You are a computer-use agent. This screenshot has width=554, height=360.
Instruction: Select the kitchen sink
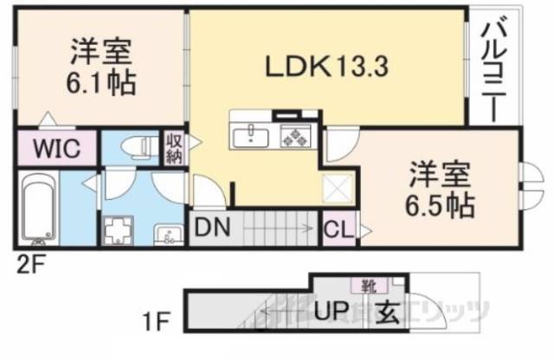pyautogui.click(x=252, y=134)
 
